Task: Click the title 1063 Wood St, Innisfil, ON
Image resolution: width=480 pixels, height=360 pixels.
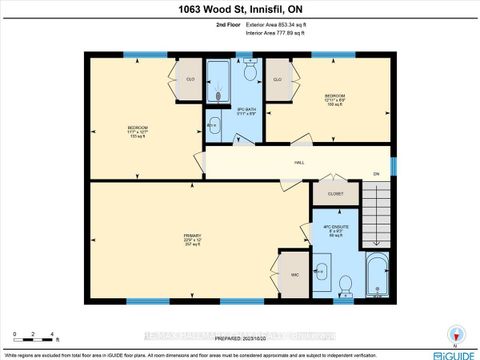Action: click(x=239, y=12)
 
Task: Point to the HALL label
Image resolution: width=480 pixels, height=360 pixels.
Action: click(x=298, y=164)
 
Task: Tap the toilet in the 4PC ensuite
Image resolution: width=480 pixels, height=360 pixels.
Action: click(x=343, y=285)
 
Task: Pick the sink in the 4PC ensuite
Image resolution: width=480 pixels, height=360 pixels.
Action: click(x=323, y=271)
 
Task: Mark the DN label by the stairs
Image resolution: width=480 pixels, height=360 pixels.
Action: click(x=377, y=175)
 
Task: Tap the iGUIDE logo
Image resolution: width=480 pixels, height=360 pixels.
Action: click(x=454, y=354)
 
